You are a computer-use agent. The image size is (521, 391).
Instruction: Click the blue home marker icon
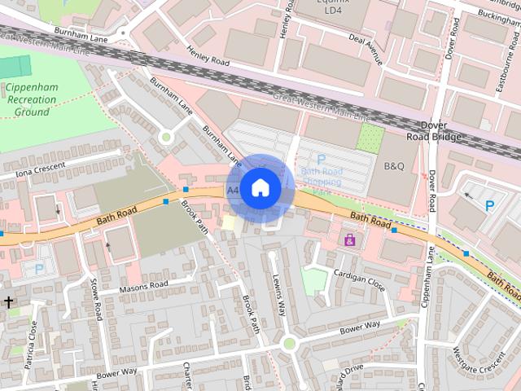click(x=260, y=187)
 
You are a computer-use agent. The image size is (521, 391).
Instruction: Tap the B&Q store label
click(x=393, y=166)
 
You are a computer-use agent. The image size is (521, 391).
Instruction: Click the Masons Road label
click(x=142, y=286)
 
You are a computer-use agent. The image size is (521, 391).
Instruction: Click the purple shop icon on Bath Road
click(x=350, y=239)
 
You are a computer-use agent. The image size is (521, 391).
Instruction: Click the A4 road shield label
click(x=233, y=190)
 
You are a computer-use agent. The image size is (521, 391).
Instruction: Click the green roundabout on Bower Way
click(x=288, y=345)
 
